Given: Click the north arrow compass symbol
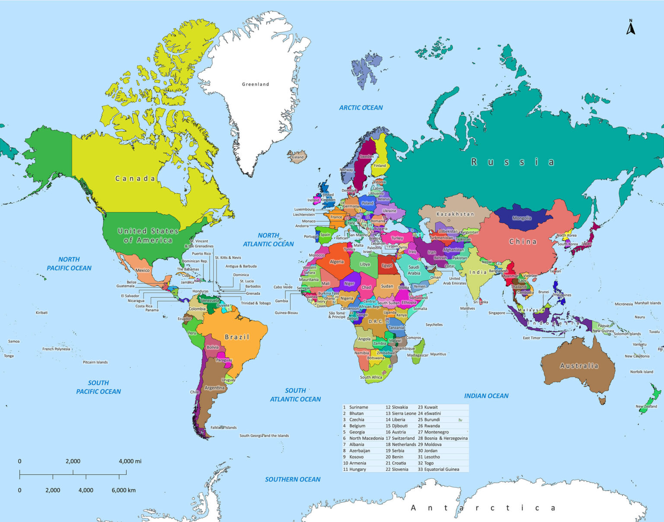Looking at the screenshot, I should (x=631, y=27).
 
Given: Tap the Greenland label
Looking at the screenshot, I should (x=255, y=84).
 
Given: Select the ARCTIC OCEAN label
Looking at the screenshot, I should (x=361, y=108).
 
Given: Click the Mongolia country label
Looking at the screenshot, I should (x=522, y=218).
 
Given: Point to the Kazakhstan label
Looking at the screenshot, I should (x=455, y=214).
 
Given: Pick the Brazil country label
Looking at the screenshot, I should (x=237, y=337).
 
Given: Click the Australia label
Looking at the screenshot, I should (x=579, y=366).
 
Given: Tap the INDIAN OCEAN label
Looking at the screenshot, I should (x=486, y=396).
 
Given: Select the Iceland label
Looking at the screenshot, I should (x=298, y=157).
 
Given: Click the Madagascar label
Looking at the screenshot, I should (x=418, y=355).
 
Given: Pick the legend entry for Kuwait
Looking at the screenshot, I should (x=428, y=407).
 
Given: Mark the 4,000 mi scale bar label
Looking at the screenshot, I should (x=130, y=461).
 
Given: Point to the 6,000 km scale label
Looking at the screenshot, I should (x=123, y=490).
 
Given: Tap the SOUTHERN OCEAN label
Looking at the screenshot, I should (x=293, y=479).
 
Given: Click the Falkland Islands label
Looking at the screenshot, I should (x=223, y=427).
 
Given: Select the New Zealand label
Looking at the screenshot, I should (x=646, y=406).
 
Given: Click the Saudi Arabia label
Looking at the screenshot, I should (x=414, y=270).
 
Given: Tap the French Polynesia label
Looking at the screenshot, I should (x=56, y=349).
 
